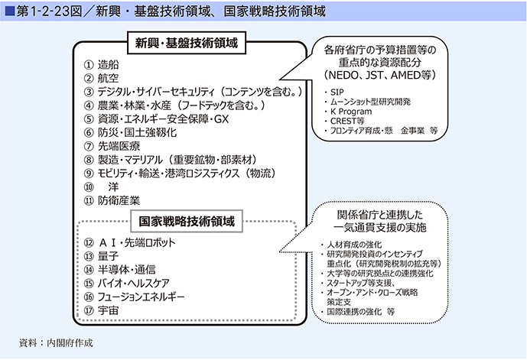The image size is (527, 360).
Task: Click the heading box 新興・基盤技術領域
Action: [x=187, y=43]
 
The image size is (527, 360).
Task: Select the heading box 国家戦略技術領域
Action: [x=187, y=222]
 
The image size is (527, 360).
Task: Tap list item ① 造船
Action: [x=101, y=65]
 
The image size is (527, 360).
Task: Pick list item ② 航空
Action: [x=101, y=78]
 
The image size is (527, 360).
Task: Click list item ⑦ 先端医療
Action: [x=112, y=146]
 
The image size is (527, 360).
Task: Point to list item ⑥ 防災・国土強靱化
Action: [x=130, y=133]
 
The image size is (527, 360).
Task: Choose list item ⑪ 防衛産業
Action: [x=112, y=200]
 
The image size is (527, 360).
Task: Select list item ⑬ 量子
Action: [x=101, y=256]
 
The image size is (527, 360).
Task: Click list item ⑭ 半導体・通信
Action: [x=119, y=270]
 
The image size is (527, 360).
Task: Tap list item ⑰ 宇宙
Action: [x=101, y=310]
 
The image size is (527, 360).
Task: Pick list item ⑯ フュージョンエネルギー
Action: [x=134, y=297]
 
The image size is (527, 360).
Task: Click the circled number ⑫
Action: [x=89, y=243]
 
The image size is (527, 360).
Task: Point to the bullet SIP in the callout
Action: [x=334, y=92]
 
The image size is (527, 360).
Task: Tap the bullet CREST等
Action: [x=344, y=121]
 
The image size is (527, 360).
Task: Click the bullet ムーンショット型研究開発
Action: [x=367, y=102]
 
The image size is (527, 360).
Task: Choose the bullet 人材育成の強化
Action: [x=352, y=245]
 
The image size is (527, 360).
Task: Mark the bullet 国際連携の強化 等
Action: [x=358, y=312]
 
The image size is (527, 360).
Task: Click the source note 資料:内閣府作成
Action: [x=56, y=343]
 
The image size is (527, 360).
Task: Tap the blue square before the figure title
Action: [x=10, y=11]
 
